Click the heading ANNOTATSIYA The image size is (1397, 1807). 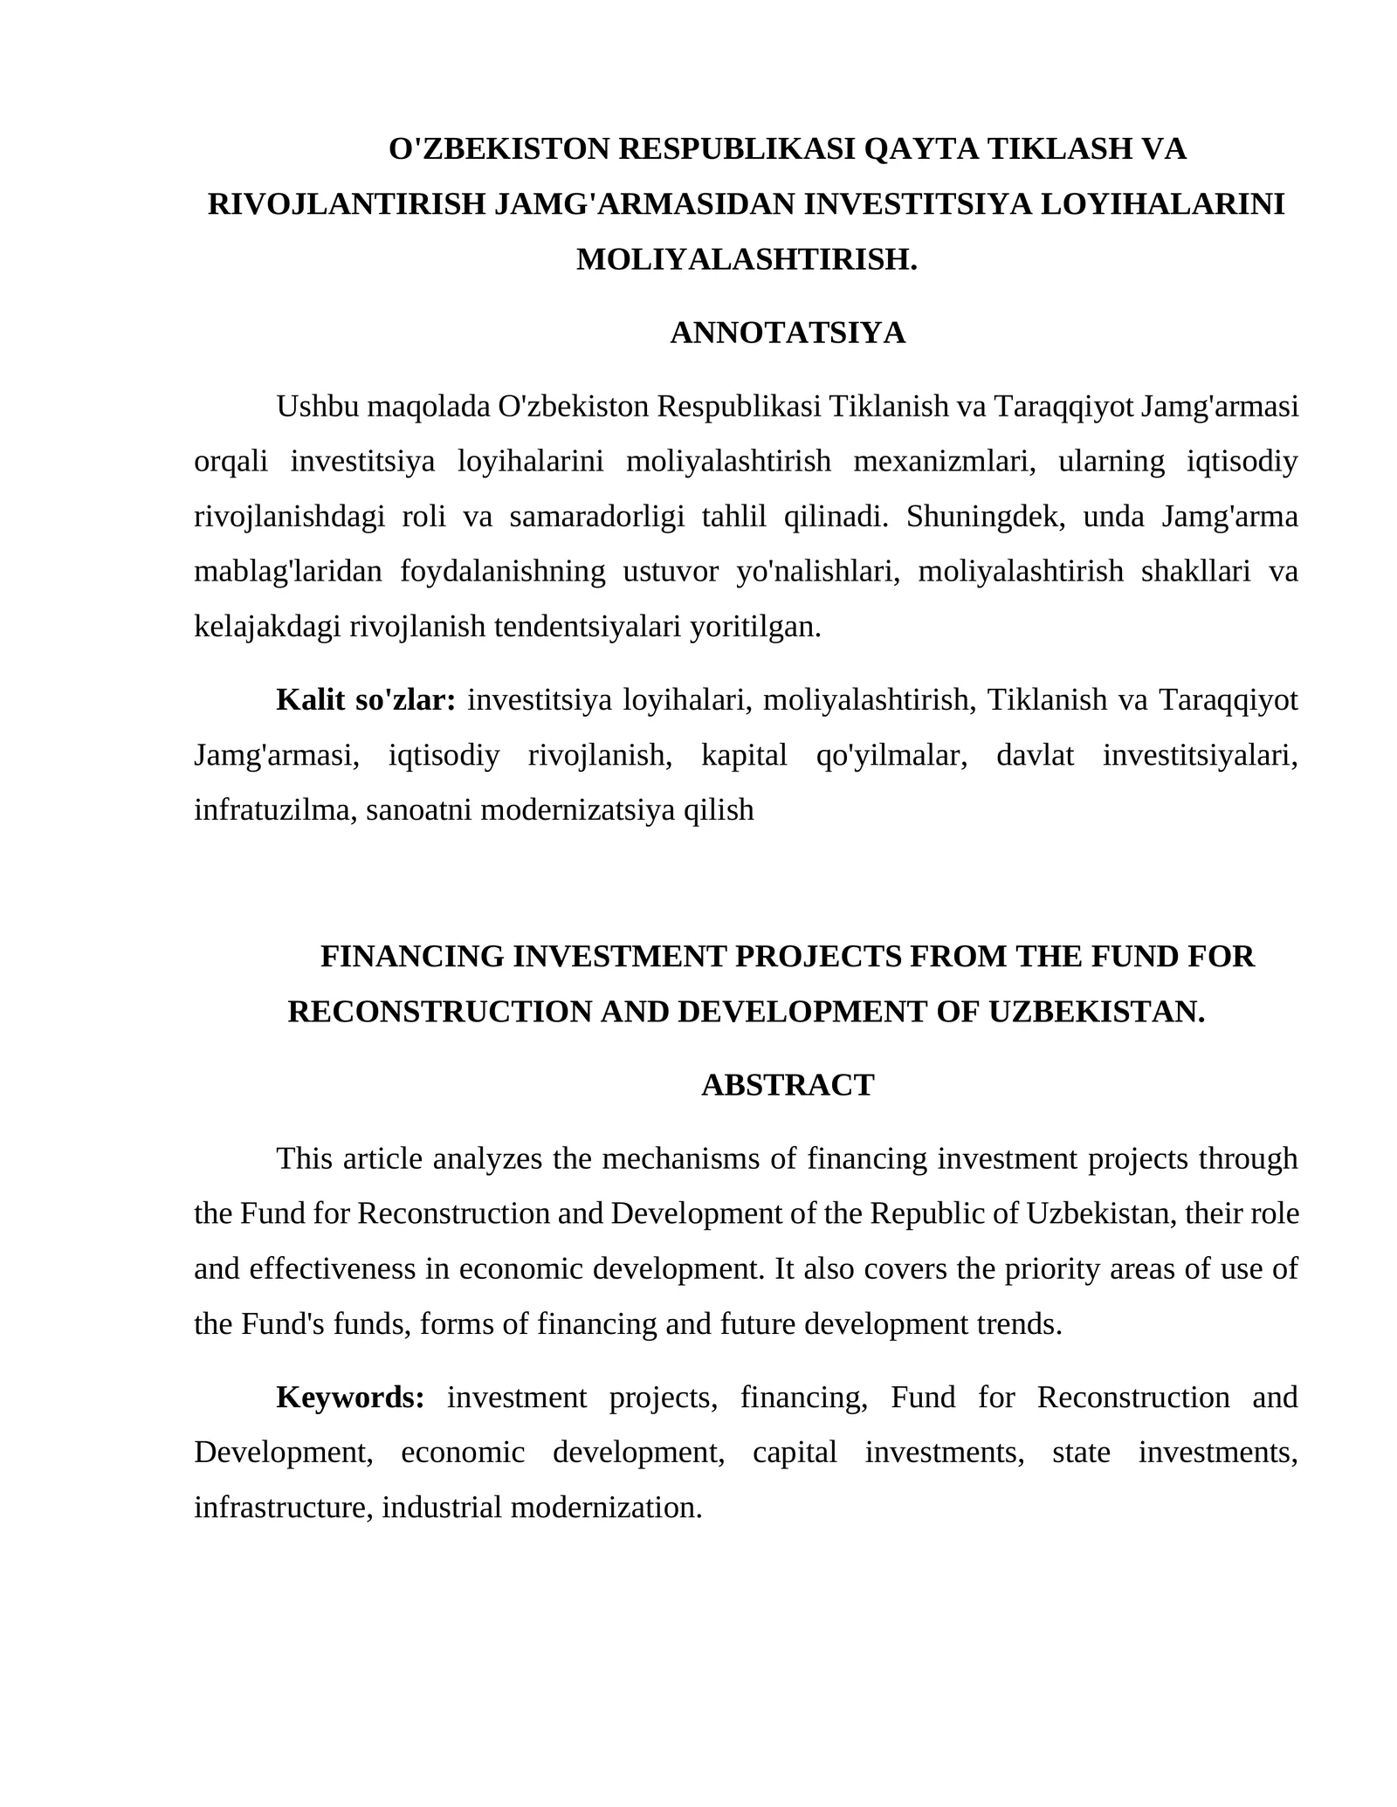coord(788,333)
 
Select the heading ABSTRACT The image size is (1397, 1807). coord(788,1085)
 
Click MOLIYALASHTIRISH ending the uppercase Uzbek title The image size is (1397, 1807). coord(745,259)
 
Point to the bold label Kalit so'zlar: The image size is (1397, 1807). coord(366,700)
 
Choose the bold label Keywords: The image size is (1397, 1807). coord(350,1398)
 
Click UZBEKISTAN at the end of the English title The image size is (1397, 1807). coord(1097,1012)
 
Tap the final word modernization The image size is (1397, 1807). coord(606,1508)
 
